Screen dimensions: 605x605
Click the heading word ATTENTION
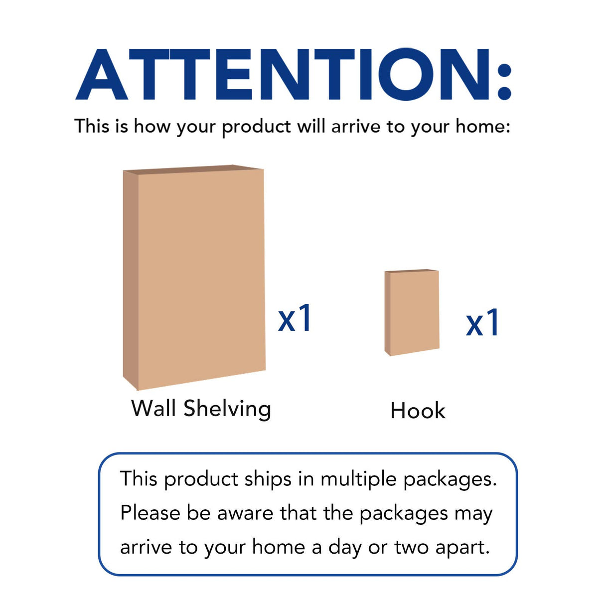284,75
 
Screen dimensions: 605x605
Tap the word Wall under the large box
153,408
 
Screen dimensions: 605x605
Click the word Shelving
227,409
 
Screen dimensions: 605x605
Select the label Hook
418,411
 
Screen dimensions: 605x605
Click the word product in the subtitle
256,128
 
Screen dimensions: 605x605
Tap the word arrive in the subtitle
356,127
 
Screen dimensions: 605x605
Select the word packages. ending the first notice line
450,480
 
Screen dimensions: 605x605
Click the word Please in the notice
150,513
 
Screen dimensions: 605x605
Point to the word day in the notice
345,548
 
